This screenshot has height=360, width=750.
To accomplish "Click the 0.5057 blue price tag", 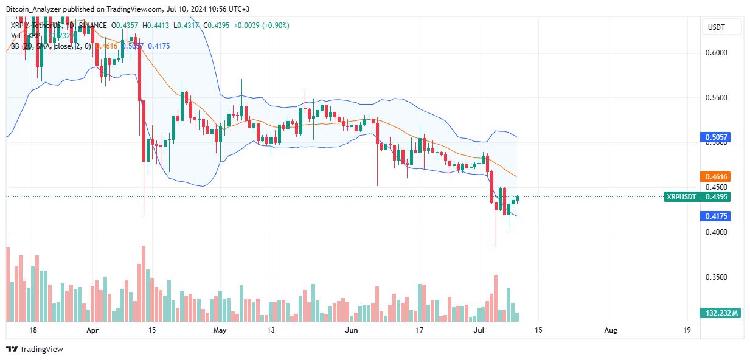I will [715, 137].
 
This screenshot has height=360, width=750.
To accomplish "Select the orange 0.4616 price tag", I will [715, 176].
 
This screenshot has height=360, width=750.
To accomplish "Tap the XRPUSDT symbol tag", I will [681, 196].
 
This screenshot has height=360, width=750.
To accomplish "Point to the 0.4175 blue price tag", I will [715, 216].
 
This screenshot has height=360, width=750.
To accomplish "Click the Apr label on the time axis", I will [92, 330].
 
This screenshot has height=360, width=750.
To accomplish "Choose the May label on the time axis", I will [220, 330].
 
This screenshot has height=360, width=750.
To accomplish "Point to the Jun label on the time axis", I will [350, 330].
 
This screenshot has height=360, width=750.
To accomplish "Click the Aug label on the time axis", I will [611, 330].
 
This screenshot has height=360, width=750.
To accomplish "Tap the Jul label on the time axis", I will [479, 330].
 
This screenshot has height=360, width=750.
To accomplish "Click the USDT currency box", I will [722, 27].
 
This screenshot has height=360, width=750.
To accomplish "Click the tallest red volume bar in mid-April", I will [144, 283].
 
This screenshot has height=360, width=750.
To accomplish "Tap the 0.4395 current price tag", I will [715, 196].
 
